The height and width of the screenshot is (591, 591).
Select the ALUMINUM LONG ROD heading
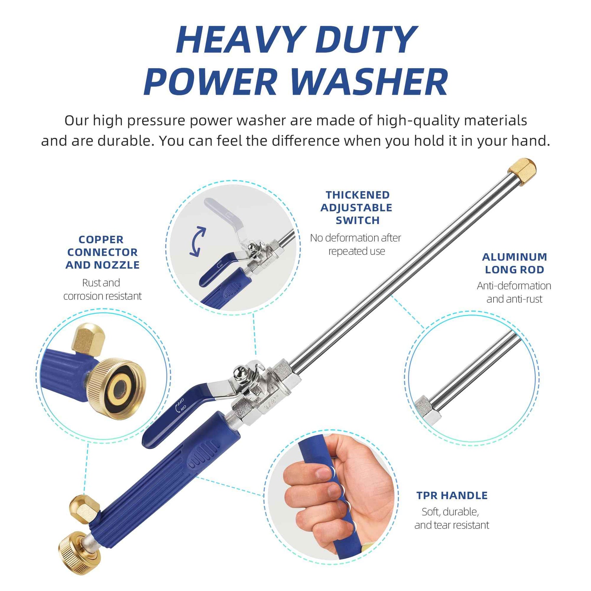pyautogui.click(x=514, y=263)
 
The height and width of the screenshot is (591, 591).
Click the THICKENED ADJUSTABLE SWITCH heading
pyautogui.click(x=357, y=207)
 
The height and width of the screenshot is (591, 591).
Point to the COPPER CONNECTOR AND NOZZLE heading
pyautogui.click(x=102, y=252)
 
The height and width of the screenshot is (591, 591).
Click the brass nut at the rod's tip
pyautogui.click(x=522, y=172)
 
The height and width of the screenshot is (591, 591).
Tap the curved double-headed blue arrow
pyautogui.click(x=197, y=241)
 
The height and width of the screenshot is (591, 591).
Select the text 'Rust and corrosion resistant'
pyautogui.click(x=102, y=289)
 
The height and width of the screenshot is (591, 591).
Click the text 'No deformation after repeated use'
pyautogui.click(x=355, y=244)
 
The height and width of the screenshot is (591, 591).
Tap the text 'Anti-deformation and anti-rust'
pyautogui.click(x=514, y=292)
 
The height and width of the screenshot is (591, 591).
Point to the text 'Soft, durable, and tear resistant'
pyautogui.click(x=452, y=518)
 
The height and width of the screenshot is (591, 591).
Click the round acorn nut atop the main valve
pyautogui.click(x=239, y=373)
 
